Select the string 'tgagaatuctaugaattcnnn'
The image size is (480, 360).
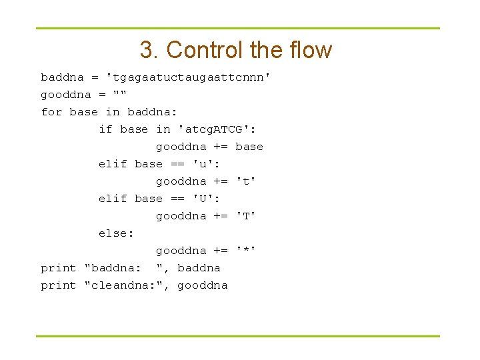[189, 77]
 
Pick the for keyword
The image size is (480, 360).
[51, 112]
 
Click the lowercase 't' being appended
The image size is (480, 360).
[246, 181]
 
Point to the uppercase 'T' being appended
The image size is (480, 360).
[246, 216]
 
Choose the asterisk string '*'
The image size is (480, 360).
[246, 251]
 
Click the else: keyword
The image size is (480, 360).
[116, 233]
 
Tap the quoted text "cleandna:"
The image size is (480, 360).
[127, 285]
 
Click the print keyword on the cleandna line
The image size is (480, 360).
[59, 285]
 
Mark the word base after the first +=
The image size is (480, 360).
[249, 147]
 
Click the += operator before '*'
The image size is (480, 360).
[221, 251]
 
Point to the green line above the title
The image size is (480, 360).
[238, 29]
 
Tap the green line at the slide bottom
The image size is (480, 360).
[238, 336]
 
